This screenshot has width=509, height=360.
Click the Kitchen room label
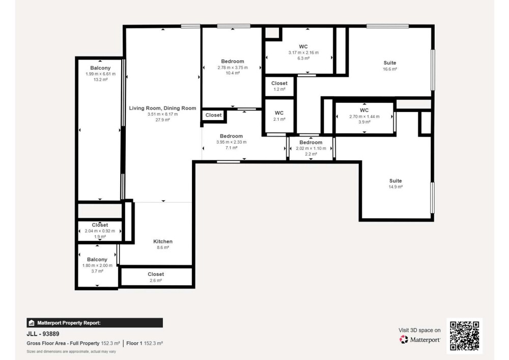click(x=163, y=241)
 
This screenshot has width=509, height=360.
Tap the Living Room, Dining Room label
click(x=162, y=108)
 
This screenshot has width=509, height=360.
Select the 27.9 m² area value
click(x=162, y=120)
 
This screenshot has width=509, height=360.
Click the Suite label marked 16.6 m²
click(x=389, y=63)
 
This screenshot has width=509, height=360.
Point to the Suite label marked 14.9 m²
click(x=395, y=181)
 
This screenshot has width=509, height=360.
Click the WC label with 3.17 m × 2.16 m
click(x=303, y=47)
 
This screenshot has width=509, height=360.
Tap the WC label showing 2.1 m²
click(x=279, y=113)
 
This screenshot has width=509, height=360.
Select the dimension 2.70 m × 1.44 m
click(x=364, y=117)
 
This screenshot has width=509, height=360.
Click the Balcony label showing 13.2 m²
click(x=100, y=68)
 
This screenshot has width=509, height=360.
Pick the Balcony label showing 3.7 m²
click(x=97, y=260)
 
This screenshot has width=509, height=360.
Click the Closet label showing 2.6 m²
click(x=156, y=274)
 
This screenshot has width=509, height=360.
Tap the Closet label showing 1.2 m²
click(x=279, y=84)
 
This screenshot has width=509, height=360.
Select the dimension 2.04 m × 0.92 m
click(x=100, y=231)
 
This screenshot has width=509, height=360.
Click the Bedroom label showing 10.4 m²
click(x=233, y=61)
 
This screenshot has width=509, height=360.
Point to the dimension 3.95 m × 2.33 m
click(x=231, y=142)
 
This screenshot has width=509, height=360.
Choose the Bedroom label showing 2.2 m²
click(x=310, y=143)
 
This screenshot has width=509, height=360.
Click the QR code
click(x=465, y=336)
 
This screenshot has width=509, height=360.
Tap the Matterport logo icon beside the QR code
click(x=404, y=340)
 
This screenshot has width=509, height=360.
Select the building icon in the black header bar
click(x=32, y=323)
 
